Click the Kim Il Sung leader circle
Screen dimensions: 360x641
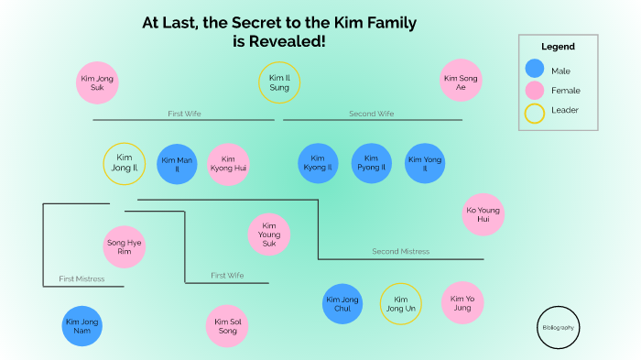coord(279,83)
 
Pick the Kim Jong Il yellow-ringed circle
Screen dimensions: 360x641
coord(124,164)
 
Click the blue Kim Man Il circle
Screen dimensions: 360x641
coord(178,165)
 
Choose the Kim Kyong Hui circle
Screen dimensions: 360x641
coord(229,165)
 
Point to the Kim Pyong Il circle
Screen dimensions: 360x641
coord(372,164)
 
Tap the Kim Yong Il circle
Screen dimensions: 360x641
coord(425,164)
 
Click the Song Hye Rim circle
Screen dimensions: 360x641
coord(125,247)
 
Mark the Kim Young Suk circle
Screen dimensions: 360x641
coord(269,235)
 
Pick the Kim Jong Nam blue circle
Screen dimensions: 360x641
coord(83,326)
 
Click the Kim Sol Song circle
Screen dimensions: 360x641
coord(227,326)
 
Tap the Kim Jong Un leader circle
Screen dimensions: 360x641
coord(400,304)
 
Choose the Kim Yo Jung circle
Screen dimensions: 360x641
coord(462,303)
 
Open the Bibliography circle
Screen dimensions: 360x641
coord(559,327)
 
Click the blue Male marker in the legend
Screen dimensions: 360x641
coord(535,70)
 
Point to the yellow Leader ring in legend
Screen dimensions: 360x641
coord(535,112)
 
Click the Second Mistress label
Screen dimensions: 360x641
coord(400,251)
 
